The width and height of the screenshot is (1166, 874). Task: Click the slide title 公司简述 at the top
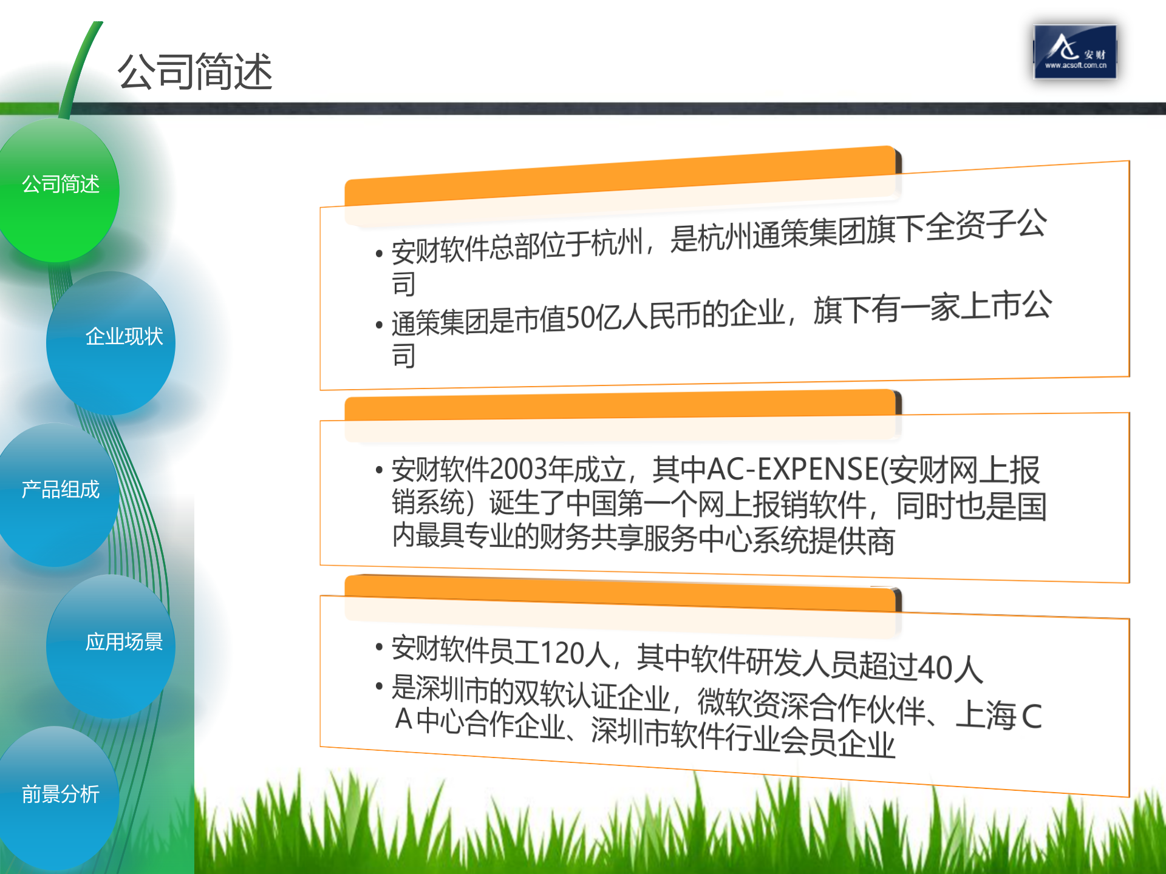[195, 72]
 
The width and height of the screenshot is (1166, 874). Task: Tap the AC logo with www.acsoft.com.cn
[1074, 52]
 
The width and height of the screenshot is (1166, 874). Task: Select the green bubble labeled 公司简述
[60, 185]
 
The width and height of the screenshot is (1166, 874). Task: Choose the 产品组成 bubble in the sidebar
[60, 490]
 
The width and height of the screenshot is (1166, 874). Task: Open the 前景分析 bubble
[60, 794]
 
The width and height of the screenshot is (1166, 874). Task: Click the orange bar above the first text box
[619, 176]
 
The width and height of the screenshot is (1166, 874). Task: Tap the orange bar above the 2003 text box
[619, 405]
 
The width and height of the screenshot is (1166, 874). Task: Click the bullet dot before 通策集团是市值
[379, 325]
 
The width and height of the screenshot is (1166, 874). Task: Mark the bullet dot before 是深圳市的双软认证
[379, 686]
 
